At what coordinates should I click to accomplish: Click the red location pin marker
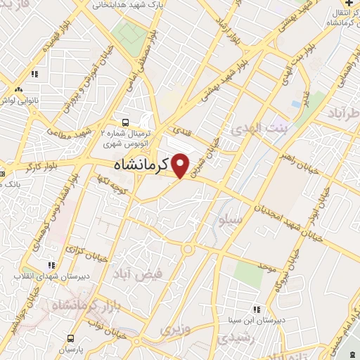(181, 165)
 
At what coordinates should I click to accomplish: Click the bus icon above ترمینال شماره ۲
(125, 121)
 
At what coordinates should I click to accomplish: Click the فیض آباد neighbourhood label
(161, 274)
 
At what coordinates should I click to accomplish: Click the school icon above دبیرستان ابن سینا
(257, 309)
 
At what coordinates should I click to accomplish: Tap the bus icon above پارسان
(70, 338)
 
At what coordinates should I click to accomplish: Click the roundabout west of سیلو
(188, 248)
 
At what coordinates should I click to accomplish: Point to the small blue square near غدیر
(295, 104)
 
